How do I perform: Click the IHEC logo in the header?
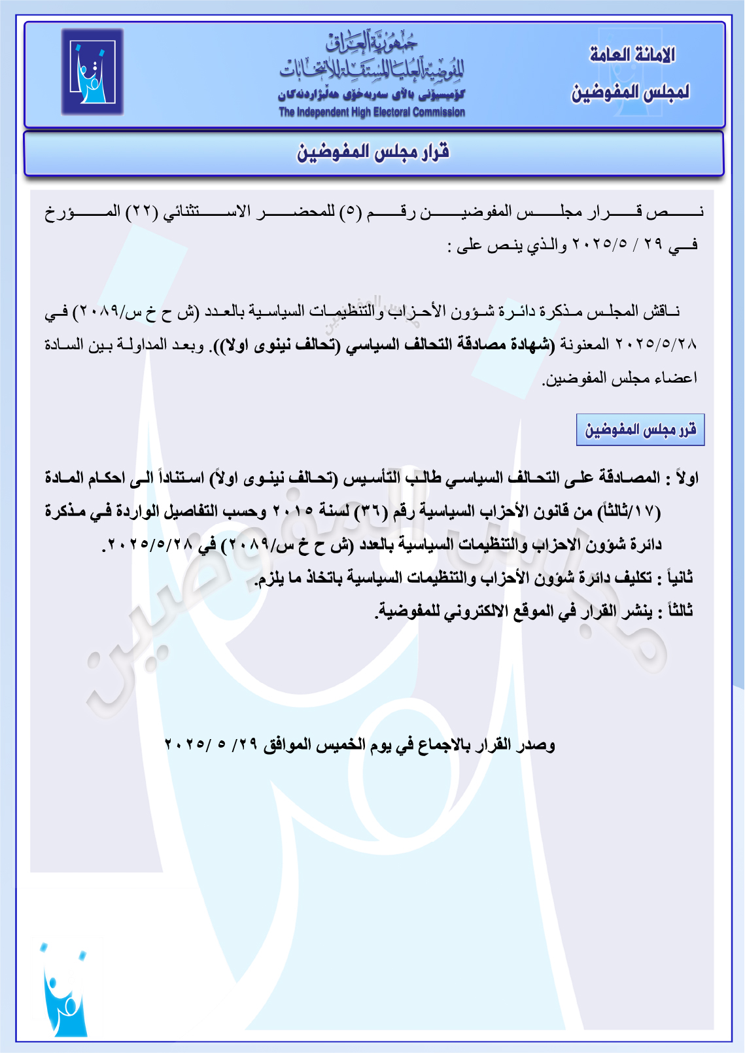(92, 72)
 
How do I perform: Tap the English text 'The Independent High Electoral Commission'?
(372, 112)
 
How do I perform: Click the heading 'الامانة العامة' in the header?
(632, 55)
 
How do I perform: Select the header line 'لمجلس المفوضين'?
(630, 92)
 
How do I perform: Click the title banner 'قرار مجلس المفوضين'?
(373, 152)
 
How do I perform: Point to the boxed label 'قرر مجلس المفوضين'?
(640, 430)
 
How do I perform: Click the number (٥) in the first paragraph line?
(350, 212)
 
